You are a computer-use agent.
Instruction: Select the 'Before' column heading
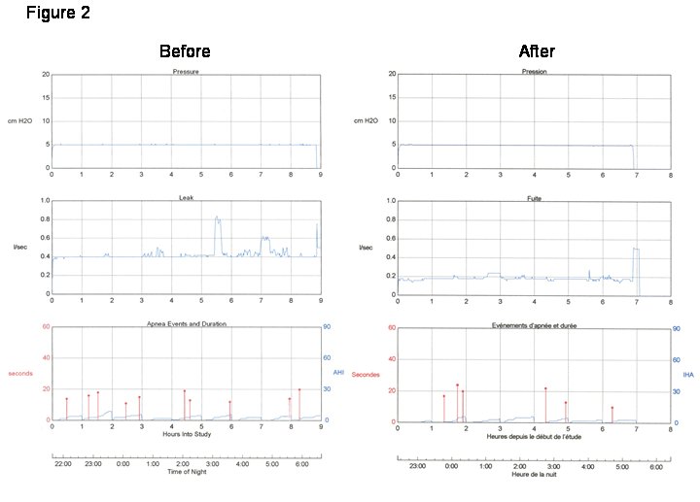pos(185,51)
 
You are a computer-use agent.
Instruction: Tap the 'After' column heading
pos(537,51)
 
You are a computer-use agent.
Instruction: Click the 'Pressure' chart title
pos(186,72)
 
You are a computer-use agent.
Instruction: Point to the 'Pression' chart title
pos(534,72)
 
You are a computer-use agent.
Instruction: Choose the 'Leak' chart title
pos(186,197)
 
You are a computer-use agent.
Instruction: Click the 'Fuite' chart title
pos(534,197)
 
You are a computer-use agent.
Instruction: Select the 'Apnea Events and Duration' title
pos(186,322)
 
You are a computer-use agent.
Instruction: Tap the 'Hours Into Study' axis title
pos(186,434)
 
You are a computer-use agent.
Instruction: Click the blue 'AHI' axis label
pos(338,372)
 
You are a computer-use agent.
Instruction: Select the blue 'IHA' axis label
pos(688,374)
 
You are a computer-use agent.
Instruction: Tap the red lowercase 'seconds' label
pos(20,373)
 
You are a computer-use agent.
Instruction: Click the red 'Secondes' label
pos(367,374)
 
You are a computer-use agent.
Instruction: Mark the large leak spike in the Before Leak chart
pos(218,220)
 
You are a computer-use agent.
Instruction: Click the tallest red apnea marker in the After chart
pos(457,385)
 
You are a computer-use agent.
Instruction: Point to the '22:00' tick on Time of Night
pos(63,464)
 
